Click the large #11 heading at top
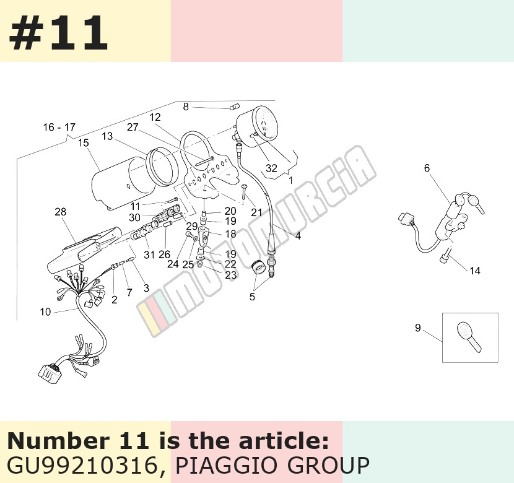(58, 33)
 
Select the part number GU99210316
(82, 465)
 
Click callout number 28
(60, 212)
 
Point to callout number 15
(84, 142)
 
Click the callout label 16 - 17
(59, 127)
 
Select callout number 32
(271, 168)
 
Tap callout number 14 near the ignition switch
(474, 271)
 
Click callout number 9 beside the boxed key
(417, 328)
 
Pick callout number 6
(427, 168)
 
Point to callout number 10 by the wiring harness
(45, 311)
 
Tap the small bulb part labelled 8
(234, 107)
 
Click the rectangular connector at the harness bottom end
(50, 372)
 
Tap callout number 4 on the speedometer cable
(298, 235)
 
